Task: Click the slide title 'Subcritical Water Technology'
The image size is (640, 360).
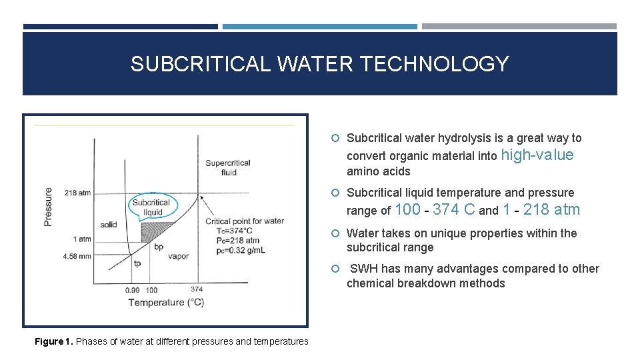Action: click(319, 64)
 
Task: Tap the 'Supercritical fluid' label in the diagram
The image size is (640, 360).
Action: click(228, 167)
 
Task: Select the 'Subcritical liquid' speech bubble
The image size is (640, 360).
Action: click(151, 207)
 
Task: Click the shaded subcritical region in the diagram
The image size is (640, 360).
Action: click(155, 231)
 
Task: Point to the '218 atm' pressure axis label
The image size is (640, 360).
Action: click(78, 193)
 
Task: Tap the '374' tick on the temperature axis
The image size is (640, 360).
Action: click(197, 289)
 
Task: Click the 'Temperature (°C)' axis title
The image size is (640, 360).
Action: click(167, 303)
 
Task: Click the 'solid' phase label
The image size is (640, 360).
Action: click(109, 225)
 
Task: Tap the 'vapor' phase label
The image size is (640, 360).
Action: click(179, 256)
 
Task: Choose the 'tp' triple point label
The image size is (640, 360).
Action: click(137, 263)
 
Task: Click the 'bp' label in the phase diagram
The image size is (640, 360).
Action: click(159, 247)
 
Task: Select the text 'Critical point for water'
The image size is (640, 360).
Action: click(245, 221)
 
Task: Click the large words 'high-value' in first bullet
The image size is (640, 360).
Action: click(537, 155)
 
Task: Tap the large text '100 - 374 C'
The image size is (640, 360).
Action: click(435, 210)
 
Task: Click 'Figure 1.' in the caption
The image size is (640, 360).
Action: click(53, 341)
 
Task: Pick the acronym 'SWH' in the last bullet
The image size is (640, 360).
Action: click(365, 269)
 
